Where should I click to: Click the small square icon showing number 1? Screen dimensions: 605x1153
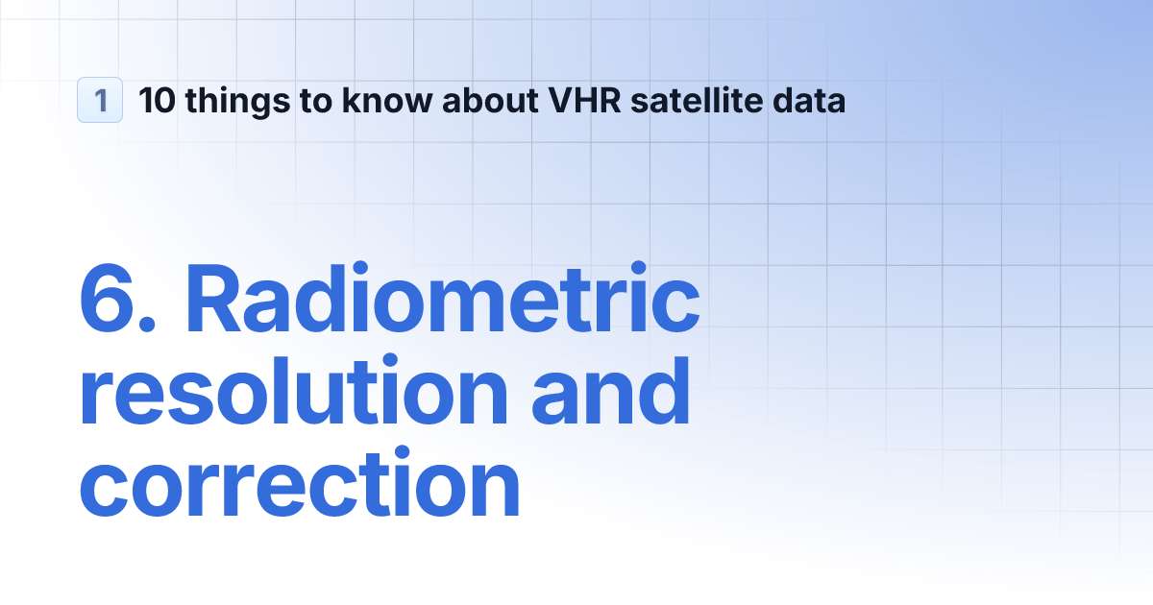point(100,100)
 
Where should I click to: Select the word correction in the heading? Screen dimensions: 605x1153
point(299,488)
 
